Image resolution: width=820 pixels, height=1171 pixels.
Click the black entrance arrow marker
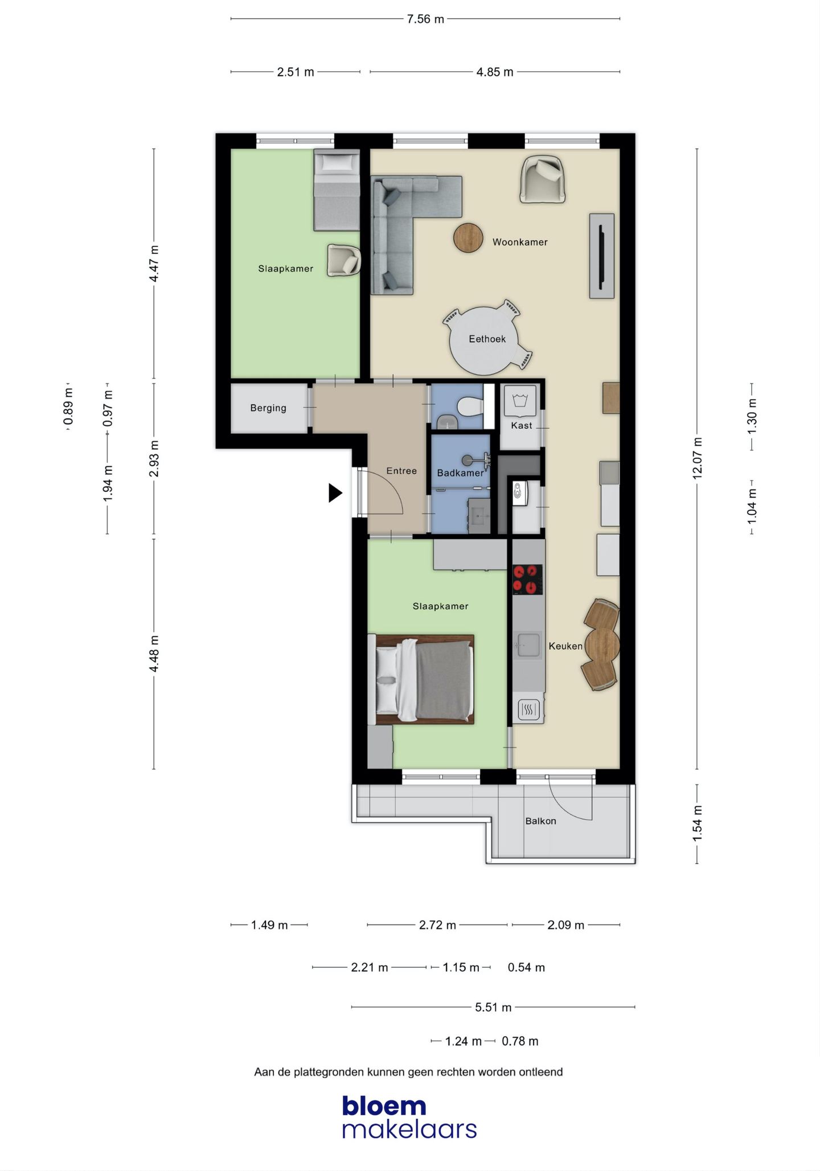click(335, 493)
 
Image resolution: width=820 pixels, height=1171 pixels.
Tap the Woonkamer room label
click(520, 242)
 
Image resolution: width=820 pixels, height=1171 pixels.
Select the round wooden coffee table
click(468, 238)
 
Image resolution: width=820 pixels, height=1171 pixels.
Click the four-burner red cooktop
click(527, 580)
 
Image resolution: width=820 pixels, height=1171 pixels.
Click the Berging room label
click(268, 408)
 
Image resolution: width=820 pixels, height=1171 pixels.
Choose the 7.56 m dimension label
click(425, 19)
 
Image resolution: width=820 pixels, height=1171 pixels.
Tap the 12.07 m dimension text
click(697, 458)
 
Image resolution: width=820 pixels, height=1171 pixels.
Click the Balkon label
click(540, 821)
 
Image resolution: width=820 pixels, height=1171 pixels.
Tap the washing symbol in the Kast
click(520, 400)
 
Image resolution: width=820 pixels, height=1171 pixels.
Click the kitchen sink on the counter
click(528, 645)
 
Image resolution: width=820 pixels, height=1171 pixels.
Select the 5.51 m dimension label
click(493, 1007)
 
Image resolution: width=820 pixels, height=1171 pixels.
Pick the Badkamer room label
click(460, 473)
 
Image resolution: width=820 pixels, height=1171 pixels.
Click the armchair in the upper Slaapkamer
click(343, 260)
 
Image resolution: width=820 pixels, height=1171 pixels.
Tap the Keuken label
click(565, 646)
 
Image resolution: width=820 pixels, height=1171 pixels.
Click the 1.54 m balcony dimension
click(697, 823)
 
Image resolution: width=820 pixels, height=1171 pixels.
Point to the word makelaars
click(409, 1129)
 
